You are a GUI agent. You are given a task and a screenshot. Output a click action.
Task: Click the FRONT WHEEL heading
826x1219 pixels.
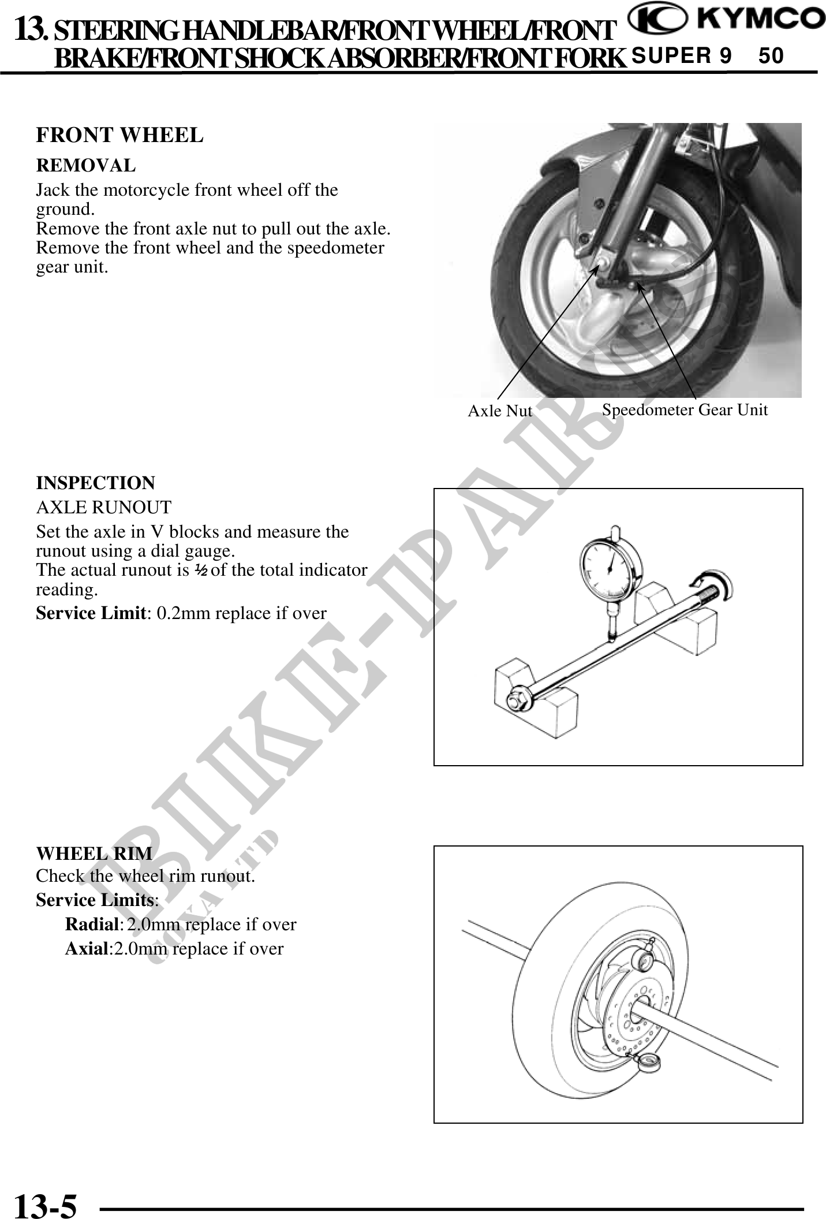click(119, 135)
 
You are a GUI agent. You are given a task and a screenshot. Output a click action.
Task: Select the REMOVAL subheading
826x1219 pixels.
click(86, 165)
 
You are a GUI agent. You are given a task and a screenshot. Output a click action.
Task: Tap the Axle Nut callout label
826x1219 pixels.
click(499, 411)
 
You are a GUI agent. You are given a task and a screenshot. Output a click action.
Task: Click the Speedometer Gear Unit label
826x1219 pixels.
click(685, 410)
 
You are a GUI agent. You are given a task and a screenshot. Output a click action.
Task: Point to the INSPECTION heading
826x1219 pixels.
click(96, 483)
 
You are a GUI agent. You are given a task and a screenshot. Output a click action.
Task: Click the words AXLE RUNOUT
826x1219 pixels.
click(104, 508)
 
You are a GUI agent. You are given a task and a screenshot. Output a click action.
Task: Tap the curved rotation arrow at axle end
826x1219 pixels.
click(718, 586)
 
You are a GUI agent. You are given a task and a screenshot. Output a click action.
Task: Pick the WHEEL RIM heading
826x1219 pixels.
click(95, 853)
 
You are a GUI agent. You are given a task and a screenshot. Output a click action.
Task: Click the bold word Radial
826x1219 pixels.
click(92, 924)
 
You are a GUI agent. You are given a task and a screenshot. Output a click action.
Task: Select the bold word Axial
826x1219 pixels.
click(87, 949)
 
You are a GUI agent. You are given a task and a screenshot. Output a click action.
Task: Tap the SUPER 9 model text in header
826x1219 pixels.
click(681, 56)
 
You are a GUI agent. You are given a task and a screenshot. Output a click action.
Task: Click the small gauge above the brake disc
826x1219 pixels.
click(646, 959)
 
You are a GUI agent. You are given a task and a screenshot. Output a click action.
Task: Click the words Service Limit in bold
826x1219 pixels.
click(90, 613)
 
